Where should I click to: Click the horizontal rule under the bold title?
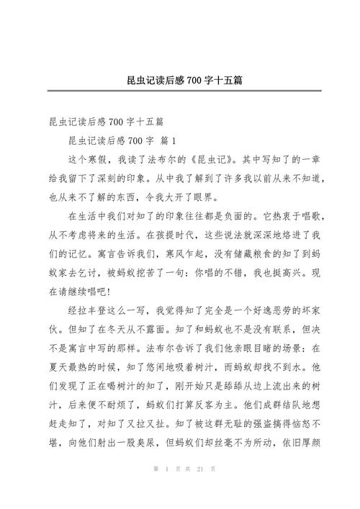[180, 91]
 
